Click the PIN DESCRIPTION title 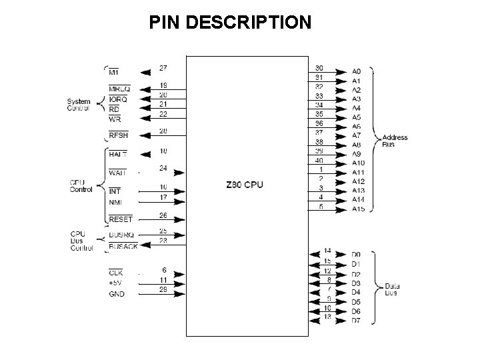tap(230, 23)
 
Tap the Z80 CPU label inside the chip tap(245, 185)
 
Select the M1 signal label tap(115, 73)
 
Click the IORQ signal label tap(119, 99)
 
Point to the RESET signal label tap(120, 219)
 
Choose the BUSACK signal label tap(123, 247)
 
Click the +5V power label tap(116, 283)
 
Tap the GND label tap(116, 293)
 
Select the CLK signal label tap(115, 272)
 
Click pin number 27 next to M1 tap(163, 67)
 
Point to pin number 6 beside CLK tap(163, 269)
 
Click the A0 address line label tap(356, 71)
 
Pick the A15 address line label tap(358, 209)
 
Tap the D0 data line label tap(356, 254)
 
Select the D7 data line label tap(356, 321)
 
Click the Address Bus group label tap(395, 141)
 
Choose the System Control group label tap(79, 105)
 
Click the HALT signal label tap(119, 153)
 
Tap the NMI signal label tap(115, 201)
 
